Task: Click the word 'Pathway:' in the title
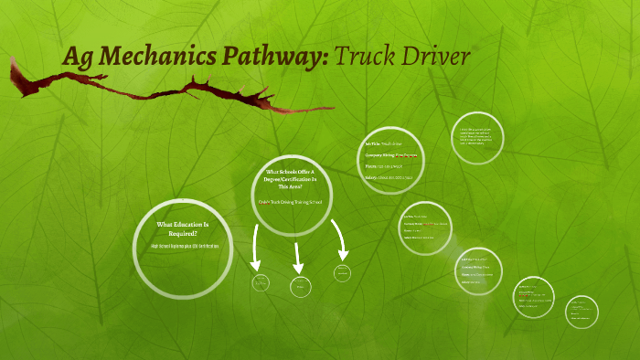(x=273, y=58)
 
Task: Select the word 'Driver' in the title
(x=435, y=57)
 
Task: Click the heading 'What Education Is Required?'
(x=183, y=228)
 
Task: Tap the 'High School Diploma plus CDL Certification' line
(x=183, y=248)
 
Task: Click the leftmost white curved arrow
(x=258, y=241)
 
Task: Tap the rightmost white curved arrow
(x=340, y=239)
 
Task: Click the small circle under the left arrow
(x=261, y=282)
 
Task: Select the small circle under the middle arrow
(x=301, y=286)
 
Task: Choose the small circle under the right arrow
(x=342, y=272)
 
